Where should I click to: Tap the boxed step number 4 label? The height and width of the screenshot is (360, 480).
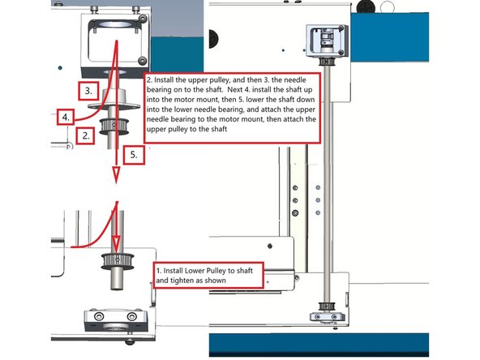pyautogui.click(x=67, y=116)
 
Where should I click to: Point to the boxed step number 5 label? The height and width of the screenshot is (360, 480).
pyautogui.click(x=134, y=152)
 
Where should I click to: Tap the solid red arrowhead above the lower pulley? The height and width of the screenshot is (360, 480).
pyautogui.click(x=115, y=243)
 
